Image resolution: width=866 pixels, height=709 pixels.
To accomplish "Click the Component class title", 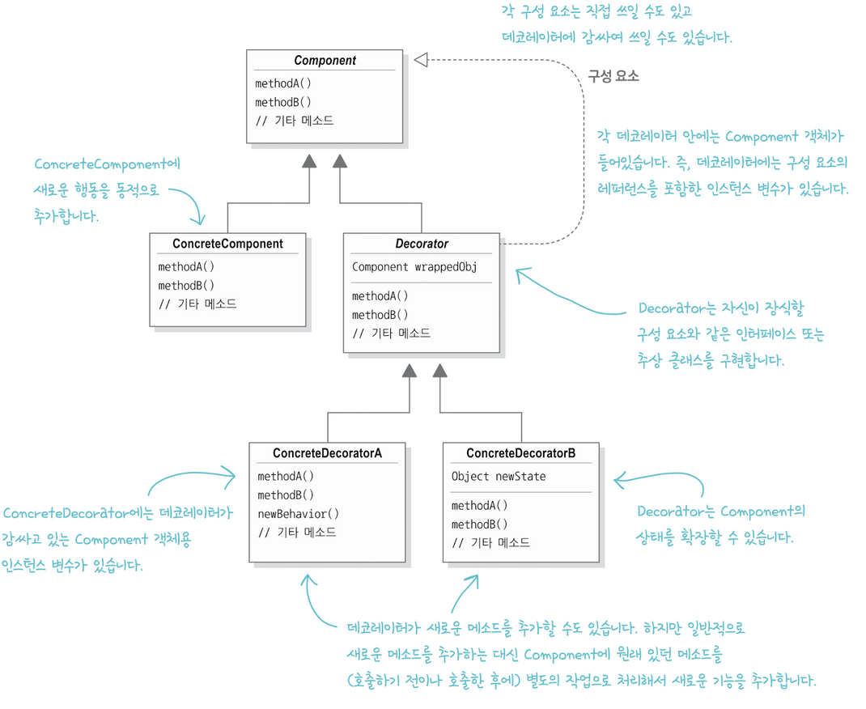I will (x=325, y=61).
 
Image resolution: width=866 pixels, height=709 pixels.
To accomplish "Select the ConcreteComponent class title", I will (x=227, y=244).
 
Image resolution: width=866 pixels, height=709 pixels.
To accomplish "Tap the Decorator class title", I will (x=422, y=244).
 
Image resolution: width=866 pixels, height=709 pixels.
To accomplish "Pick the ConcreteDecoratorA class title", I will (x=327, y=453).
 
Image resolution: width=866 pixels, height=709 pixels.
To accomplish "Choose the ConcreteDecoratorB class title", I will (x=521, y=453).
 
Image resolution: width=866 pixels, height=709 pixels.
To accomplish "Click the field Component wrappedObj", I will (x=414, y=266).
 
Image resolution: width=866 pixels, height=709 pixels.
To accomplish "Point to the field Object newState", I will (x=499, y=476).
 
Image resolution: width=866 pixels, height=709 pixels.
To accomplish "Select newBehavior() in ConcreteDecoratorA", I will (x=298, y=513).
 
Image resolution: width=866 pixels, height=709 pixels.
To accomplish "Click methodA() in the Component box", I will (x=282, y=83).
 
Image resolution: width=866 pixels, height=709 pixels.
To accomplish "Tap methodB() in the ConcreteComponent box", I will (x=186, y=285).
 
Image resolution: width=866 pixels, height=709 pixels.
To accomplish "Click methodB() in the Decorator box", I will (x=380, y=314).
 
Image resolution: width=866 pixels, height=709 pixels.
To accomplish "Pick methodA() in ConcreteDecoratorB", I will (x=480, y=506).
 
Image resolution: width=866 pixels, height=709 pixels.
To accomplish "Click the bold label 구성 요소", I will (x=613, y=77).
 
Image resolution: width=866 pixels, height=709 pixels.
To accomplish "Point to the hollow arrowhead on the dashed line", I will (x=420, y=60).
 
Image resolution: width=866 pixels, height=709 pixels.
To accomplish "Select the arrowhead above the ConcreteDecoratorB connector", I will (x=439, y=371).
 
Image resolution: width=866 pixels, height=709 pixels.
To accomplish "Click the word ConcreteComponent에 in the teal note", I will (x=108, y=164).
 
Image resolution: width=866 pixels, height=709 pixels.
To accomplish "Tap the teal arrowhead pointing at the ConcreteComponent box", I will (x=198, y=219).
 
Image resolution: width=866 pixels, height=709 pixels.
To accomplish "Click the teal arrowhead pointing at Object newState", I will (x=618, y=481).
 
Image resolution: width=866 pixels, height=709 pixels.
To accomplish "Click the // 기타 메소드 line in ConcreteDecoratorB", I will (x=490, y=542).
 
